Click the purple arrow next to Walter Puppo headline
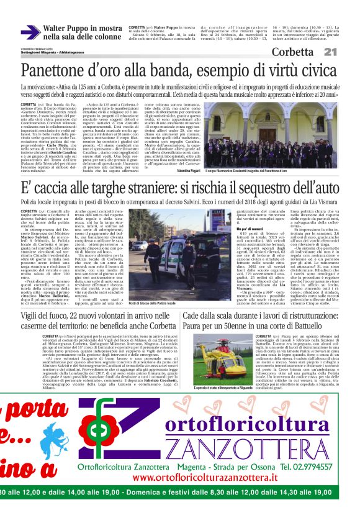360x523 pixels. coord(30,32)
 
